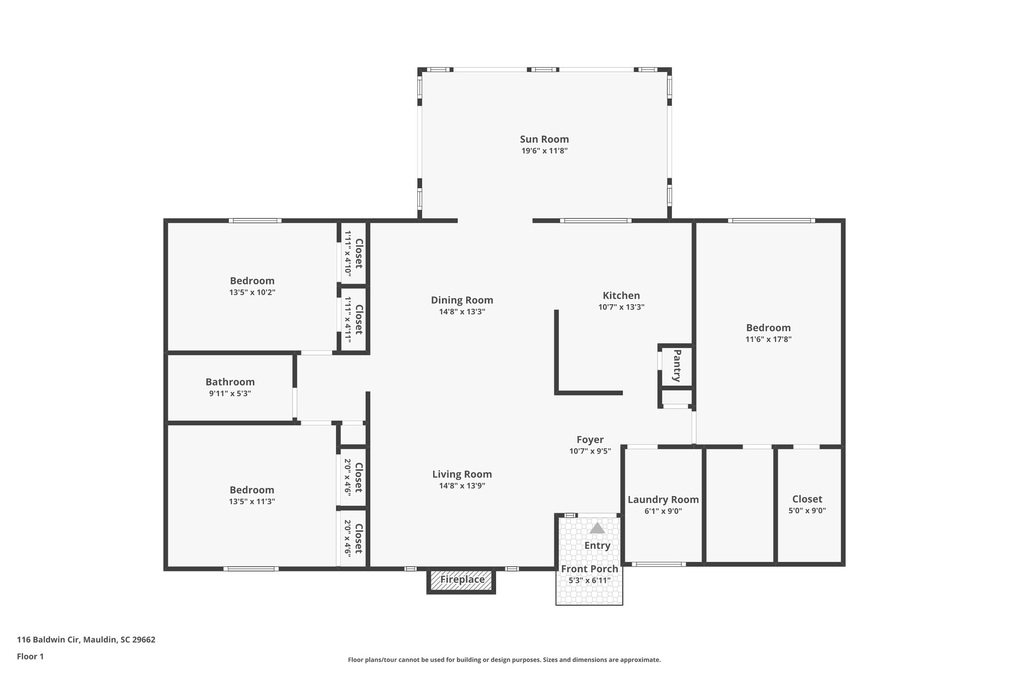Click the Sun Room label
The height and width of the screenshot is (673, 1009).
click(x=544, y=139)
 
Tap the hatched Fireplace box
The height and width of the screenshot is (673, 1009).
click(x=462, y=580)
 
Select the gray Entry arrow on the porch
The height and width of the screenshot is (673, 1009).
click(x=597, y=529)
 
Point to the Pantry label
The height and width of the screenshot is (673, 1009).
click(x=677, y=365)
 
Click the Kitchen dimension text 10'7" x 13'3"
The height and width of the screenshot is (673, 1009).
click(x=621, y=307)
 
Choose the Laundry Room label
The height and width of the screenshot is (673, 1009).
click(x=663, y=499)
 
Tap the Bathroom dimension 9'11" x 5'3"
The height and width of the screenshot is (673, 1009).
click(x=230, y=393)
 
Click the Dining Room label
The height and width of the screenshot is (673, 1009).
click(x=462, y=300)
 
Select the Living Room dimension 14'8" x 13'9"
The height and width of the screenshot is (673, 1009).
click(x=462, y=486)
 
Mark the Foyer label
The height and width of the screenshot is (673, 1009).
click(x=590, y=439)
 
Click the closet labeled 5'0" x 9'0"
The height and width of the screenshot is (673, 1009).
click(x=807, y=504)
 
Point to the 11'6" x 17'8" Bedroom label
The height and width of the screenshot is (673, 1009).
click(x=768, y=327)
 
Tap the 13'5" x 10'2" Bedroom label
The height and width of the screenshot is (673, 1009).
click(x=252, y=281)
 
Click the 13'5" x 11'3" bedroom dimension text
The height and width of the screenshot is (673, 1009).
click(x=252, y=501)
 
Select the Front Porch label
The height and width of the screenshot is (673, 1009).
click(x=589, y=568)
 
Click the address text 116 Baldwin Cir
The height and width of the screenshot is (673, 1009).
click(x=86, y=640)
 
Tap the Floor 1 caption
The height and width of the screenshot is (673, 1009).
click(x=30, y=656)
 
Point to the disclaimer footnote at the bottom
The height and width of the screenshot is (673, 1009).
click(x=504, y=660)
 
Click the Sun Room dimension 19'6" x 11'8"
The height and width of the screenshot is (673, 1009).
click(x=544, y=151)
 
